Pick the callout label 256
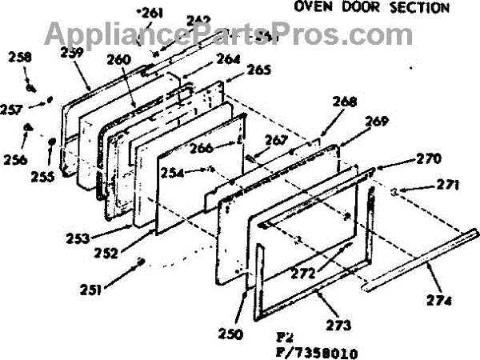click(14, 159)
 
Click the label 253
click(78, 238)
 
